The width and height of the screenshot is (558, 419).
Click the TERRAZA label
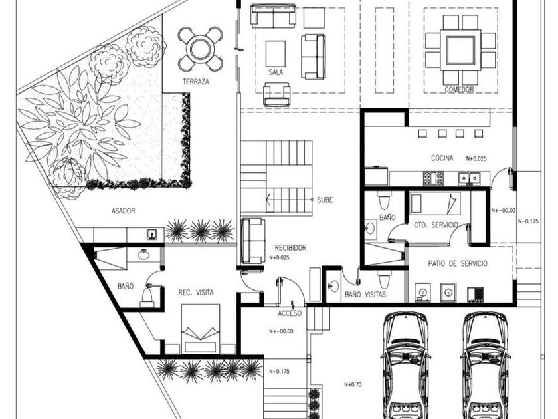click(x=196, y=82)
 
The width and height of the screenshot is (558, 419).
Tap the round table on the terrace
click(x=201, y=49)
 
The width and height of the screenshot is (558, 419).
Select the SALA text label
click(x=276, y=72)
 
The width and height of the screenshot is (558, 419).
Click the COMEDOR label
click(x=460, y=90)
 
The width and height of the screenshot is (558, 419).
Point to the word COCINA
click(x=442, y=158)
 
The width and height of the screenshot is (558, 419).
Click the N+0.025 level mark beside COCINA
click(x=476, y=158)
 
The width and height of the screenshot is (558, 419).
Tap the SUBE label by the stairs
click(x=325, y=200)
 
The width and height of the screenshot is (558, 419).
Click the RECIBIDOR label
click(x=290, y=247)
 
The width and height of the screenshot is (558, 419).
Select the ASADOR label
click(x=123, y=211)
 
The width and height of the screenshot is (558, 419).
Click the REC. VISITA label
click(x=196, y=293)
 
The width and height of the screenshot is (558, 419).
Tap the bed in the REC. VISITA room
click(x=201, y=329)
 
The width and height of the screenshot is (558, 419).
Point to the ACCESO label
click(x=290, y=313)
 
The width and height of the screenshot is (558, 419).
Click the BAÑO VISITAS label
click(x=365, y=295)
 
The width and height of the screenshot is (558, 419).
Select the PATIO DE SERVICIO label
click(x=458, y=263)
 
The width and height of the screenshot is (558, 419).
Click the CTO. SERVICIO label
click(x=436, y=225)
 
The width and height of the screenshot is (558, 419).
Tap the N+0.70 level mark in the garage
click(x=353, y=384)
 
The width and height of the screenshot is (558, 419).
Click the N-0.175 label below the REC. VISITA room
click(x=280, y=371)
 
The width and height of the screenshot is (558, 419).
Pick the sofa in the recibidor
click(x=253, y=241)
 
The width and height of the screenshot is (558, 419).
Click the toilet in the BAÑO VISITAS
click(x=384, y=279)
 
